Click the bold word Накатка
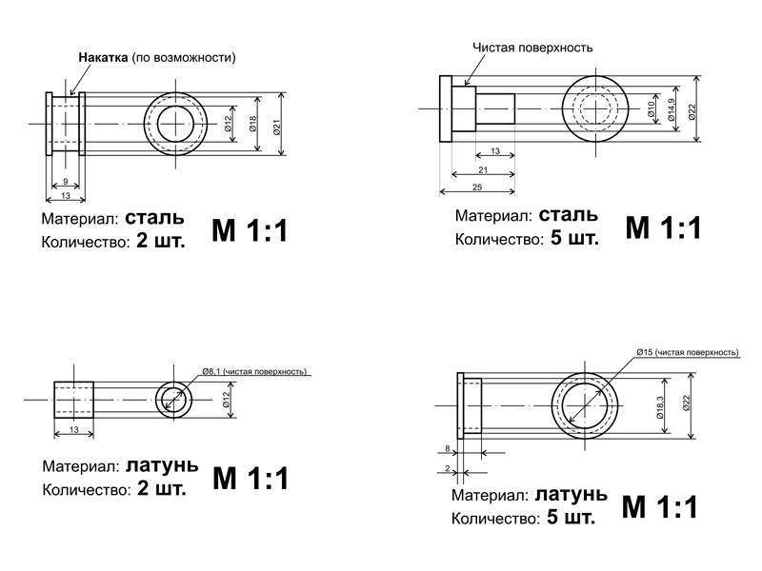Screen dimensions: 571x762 pyautogui.click(x=103, y=57)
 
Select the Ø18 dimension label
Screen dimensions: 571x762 pyautogui.click(x=252, y=124)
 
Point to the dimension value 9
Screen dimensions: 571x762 pyautogui.click(x=64, y=181)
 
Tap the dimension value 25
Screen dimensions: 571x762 pyautogui.click(x=476, y=187)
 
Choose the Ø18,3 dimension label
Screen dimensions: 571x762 pyautogui.click(x=659, y=404)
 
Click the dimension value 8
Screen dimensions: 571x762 pyautogui.click(x=447, y=448)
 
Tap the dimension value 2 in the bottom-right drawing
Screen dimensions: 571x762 pyautogui.click(x=447, y=469)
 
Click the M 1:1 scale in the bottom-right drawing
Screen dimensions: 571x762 pyautogui.click(x=659, y=506)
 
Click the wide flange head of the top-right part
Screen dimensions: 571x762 pyautogui.click(x=445, y=109)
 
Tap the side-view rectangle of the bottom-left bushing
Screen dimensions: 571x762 pyautogui.click(x=72, y=401)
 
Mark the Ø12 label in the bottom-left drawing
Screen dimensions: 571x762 pyautogui.click(x=227, y=400)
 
